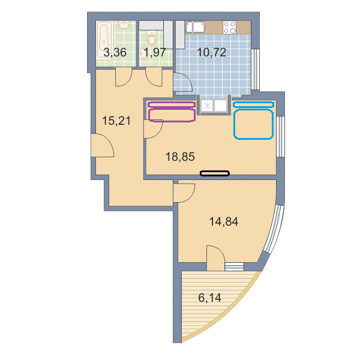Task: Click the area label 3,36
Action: [115, 52]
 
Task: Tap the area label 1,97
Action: [154, 52]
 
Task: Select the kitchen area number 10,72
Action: [211, 52]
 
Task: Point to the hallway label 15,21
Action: [116, 121]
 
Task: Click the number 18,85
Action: [180, 157]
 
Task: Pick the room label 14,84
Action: [224, 221]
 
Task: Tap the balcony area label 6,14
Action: [209, 298]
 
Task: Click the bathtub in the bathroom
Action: [104, 40]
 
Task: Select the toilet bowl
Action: [152, 38]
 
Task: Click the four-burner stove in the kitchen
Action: [230, 28]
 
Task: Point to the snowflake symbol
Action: [208, 106]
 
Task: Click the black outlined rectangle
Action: [215, 173]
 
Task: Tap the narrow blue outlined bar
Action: [253, 104]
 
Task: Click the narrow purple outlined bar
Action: [172, 104]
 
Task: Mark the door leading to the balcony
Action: [215, 258]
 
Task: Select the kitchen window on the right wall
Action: [255, 69]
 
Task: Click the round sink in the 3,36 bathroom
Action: [124, 25]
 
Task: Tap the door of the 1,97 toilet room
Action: [154, 77]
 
